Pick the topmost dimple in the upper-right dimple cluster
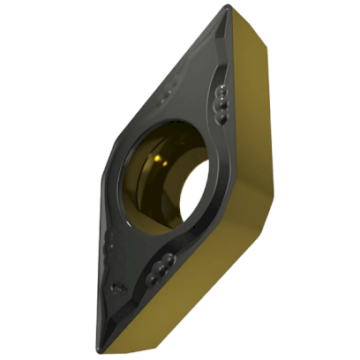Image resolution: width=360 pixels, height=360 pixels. click(221, 90)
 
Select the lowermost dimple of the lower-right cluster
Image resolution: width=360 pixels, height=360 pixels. click(151, 279)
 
